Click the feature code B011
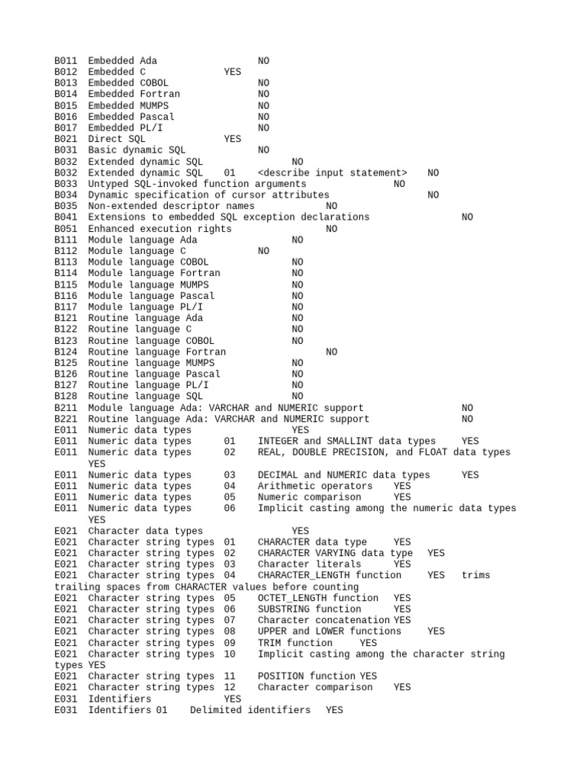click(x=66, y=60)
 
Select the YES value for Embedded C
click(x=232, y=72)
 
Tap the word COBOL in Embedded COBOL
click(x=154, y=82)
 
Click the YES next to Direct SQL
click(x=232, y=139)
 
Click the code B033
click(x=66, y=184)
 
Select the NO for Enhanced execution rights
click(x=331, y=229)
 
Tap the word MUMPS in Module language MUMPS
click(x=194, y=284)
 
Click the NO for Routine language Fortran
click(x=331, y=352)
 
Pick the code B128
click(x=66, y=397)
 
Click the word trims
click(x=475, y=575)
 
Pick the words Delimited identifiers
click(x=250, y=710)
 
